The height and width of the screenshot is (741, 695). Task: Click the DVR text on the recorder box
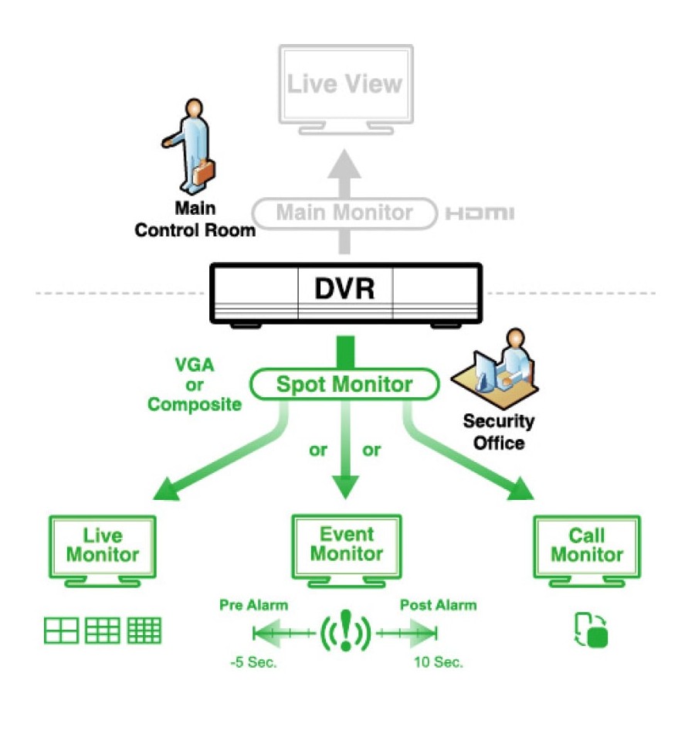[x=344, y=289]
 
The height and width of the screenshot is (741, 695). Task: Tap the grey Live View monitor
[x=346, y=90]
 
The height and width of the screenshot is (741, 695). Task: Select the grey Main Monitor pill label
[x=344, y=213]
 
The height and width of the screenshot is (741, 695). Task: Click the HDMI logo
[x=480, y=213]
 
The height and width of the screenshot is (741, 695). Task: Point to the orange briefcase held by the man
[x=204, y=172]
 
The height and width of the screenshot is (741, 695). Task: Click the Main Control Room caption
[x=195, y=219]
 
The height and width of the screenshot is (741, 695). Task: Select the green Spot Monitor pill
[x=344, y=384]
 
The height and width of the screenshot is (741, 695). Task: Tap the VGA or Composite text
[x=195, y=385]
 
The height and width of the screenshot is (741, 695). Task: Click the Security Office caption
[x=499, y=432]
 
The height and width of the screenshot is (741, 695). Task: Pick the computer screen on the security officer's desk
[x=484, y=372]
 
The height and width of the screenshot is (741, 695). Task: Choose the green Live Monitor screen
[x=103, y=551]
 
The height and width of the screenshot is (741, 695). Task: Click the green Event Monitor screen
[x=347, y=551]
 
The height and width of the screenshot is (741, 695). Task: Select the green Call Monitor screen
[x=587, y=551]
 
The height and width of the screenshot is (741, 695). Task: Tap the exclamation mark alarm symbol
[x=346, y=631]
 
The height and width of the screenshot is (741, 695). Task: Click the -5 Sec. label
[x=253, y=662]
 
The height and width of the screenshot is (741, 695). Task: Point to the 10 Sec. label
[x=439, y=662]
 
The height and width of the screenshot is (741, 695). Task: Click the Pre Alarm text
[x=253, y=605]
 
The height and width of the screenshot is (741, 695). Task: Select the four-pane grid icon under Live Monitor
[x=61, y=631]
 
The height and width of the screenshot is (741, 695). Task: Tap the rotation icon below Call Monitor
[x=591, y=630]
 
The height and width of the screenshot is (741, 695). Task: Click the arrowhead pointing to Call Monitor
[x=520, y=490]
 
